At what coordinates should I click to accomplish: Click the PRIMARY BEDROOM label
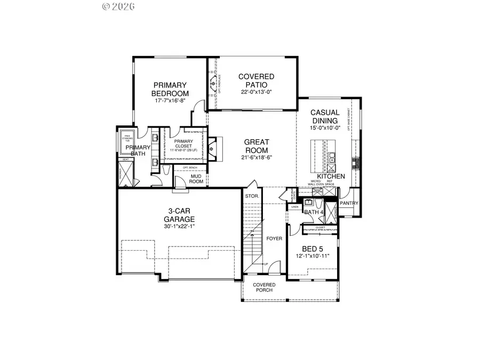pyautogui.click(x=170, y=89)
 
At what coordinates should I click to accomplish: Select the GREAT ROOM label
pyautogui.click(x=257, y=146)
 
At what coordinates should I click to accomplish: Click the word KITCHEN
pyautogui.click(x=331, y=176)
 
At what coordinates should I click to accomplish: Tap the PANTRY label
pyautogui.click(x=349, y=203)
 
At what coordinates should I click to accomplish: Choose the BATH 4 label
pyautogui.click(x=314, y=212)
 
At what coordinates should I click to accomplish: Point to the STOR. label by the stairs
pyautogui.click(x=252, y=196)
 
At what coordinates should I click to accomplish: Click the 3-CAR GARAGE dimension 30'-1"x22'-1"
pyautogui.click(x=179, y=227)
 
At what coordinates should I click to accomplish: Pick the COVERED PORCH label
pyautogui.click(x=263, y=287)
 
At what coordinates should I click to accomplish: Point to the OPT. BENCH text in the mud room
pyautogui.click(x=191, y=168)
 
